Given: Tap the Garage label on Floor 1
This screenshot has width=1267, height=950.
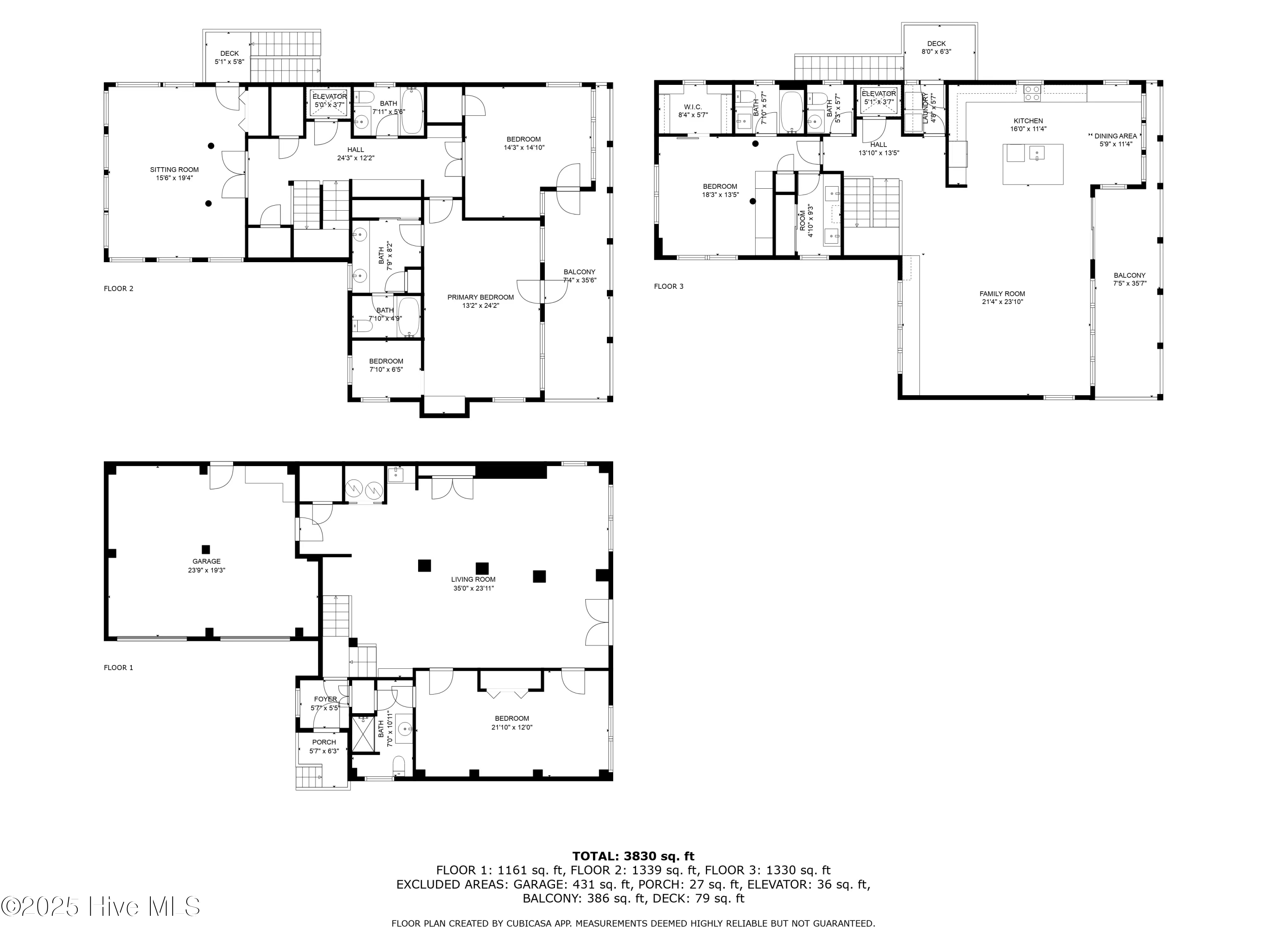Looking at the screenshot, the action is (206, 561).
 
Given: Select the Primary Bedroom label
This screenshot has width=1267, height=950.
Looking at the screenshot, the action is (480, 297).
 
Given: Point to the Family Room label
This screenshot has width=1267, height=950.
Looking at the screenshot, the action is (1002, 294).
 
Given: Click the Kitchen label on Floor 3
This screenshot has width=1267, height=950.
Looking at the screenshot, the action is (1028, 121).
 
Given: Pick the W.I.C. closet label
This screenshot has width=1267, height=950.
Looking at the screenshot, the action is (693, 107).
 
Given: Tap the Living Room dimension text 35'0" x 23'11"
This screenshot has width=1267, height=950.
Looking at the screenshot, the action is (473, 588).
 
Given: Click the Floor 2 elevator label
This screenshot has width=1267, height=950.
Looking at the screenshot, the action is (329, 97).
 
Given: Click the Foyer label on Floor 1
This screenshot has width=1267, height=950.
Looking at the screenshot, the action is (325, 699).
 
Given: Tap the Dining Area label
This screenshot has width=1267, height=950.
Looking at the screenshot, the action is (1115, 136).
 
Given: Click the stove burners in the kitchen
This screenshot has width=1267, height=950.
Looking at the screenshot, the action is (1032, 93).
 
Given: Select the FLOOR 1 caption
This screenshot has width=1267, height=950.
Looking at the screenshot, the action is (119, 668).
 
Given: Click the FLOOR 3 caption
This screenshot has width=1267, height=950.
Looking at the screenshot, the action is (669, 286).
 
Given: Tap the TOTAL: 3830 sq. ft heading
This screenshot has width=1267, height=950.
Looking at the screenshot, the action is (633, 857).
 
